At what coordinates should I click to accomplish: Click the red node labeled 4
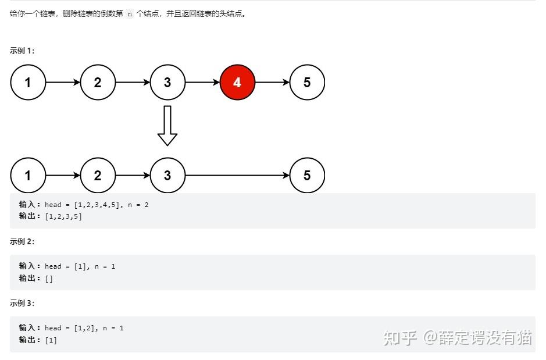tap(237, 83)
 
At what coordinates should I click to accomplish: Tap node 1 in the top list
tap(28, 83)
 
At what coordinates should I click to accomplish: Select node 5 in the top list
tap(307, 83)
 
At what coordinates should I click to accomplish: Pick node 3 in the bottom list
tap(167, 176)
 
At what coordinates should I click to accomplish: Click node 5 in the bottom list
tap(307, 176)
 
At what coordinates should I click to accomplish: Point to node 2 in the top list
tap(98, 83)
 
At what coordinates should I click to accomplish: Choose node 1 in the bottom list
tap(28, 176)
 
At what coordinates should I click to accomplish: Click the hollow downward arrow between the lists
tap(167, 126)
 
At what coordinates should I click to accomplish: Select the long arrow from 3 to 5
tap(237, 176)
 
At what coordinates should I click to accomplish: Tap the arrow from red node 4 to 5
tap(272, 83)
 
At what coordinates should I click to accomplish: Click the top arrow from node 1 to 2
tap(63, 83)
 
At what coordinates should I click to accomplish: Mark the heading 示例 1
tap(22, 51)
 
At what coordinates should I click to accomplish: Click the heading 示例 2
tap(22, 241)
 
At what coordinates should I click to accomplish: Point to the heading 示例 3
tap(22, 303)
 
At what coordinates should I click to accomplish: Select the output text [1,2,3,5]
tap(63, 216)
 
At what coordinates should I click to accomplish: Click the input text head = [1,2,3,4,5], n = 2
tap(97, 205)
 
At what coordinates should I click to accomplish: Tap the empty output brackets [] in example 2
tap(49, 278)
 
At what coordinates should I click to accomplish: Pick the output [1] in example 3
tap(51, 340)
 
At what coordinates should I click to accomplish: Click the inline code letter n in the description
tap(130, 14)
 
